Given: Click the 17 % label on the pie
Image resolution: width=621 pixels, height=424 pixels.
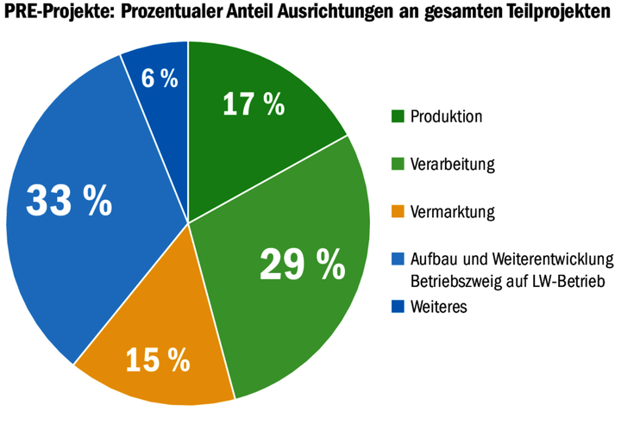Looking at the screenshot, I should point(253,104).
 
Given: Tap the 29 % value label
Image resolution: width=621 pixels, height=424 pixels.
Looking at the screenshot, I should point(302,264).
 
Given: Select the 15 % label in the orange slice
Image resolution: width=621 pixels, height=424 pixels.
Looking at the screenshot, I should point(157,359).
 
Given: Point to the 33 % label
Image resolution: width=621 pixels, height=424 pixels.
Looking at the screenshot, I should point(69,201).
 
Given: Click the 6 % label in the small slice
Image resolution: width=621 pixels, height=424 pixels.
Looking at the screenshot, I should point(160,79).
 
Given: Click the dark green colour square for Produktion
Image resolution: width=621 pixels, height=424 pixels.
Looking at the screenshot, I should point(398,115).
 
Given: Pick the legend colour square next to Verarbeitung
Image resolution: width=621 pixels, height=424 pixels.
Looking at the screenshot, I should point(398,163).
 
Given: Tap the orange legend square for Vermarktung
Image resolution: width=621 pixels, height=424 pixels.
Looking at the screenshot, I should point(398,210).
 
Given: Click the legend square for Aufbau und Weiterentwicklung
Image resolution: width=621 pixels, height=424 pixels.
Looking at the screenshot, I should point(398,259).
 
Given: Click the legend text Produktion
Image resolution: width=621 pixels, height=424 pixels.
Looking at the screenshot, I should point(446,115).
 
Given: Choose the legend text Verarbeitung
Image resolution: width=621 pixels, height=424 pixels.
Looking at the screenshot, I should point(452,163).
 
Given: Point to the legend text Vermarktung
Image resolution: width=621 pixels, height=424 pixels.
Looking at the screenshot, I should point(452,210).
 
